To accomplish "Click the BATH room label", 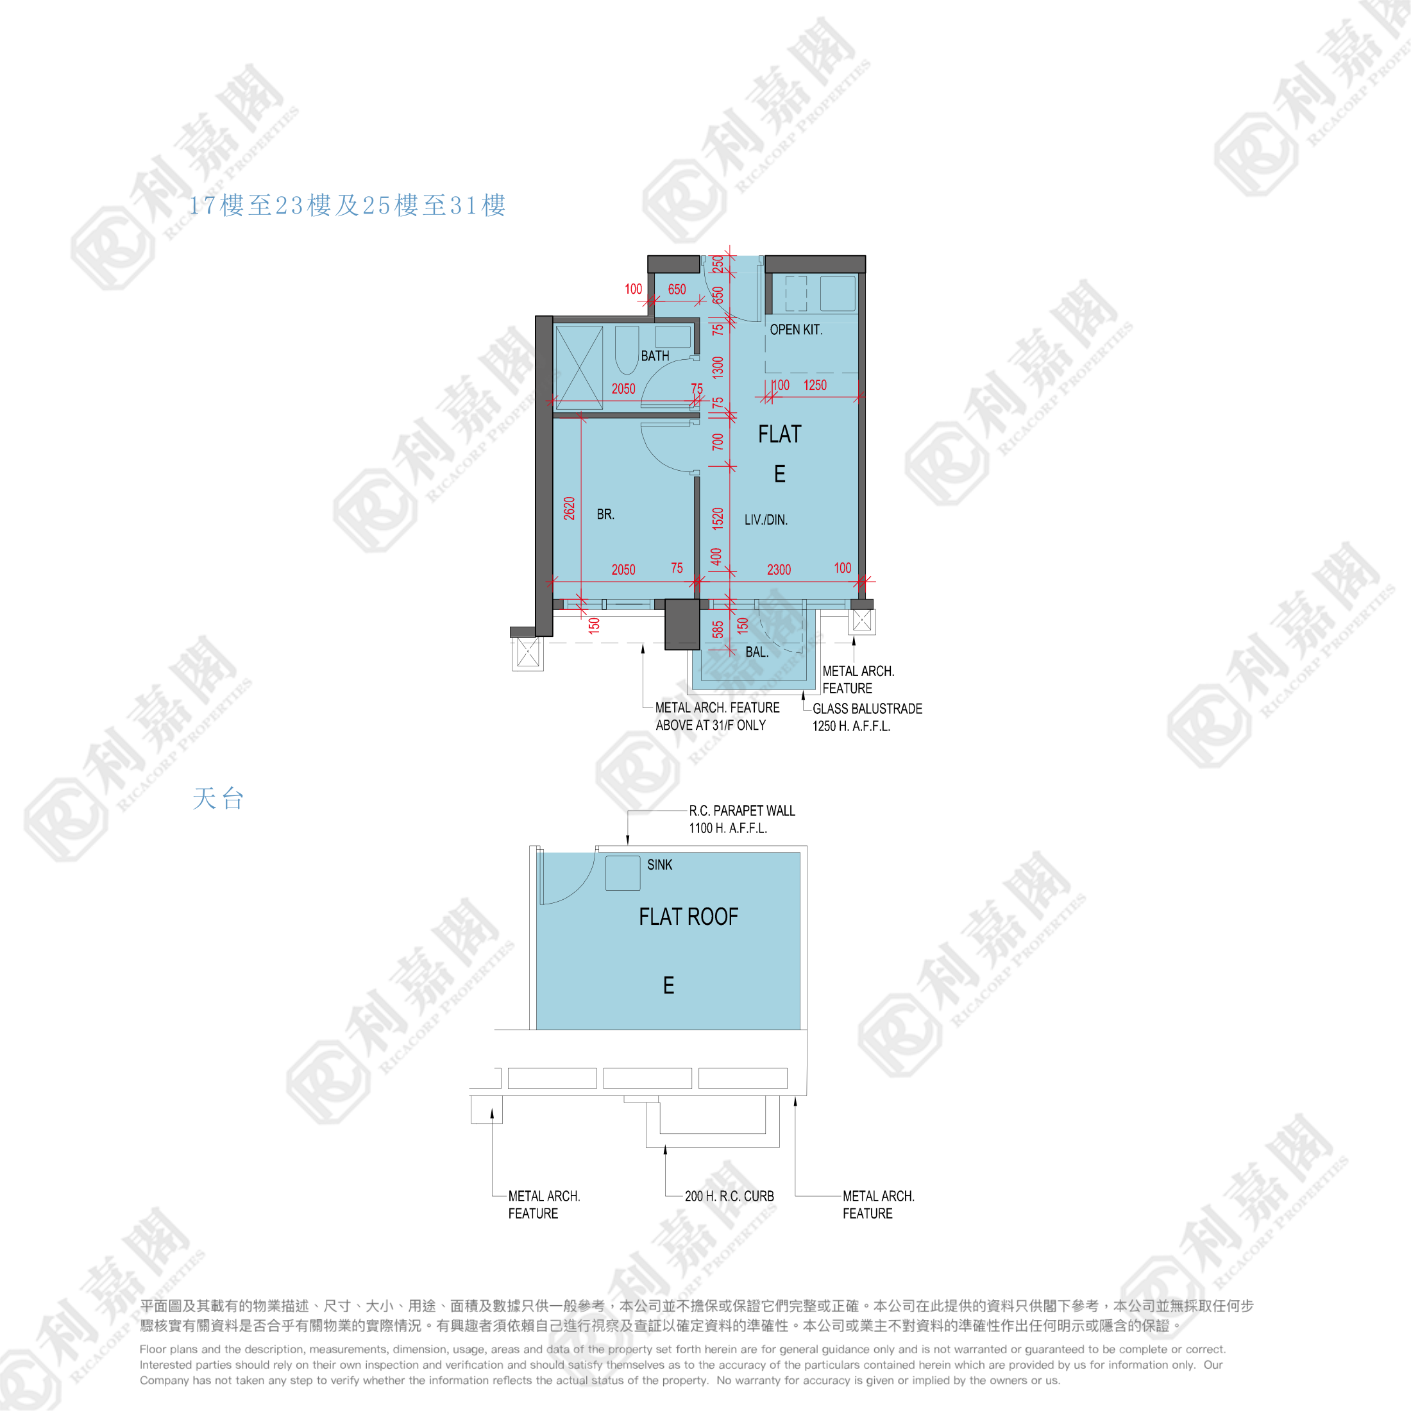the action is tap(655, 356).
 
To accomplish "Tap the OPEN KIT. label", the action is tap(796, 330).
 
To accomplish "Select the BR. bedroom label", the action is tap(605, 514).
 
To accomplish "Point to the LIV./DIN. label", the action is tap(765, 520).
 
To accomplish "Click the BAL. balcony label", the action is tap(757, 652).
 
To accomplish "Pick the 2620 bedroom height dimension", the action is tap(570, 509).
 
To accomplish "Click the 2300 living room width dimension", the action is tap(779, 570).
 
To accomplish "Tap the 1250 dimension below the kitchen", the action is tap(815, 385).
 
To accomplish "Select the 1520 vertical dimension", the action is tap(718, 518).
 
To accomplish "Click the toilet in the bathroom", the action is tap(627, 350).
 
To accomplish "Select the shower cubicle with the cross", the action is tap(579, 368).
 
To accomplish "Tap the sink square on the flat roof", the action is tap(623, 873).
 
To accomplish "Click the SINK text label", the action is tap(659, 865).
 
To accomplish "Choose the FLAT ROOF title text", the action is tap(689, 917).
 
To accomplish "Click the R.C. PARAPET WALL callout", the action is tap(742, 811).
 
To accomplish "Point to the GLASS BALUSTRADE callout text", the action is tap(867, 709).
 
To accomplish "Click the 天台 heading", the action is tap(217, 798).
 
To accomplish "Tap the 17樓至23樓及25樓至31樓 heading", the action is tap(348, 205).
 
